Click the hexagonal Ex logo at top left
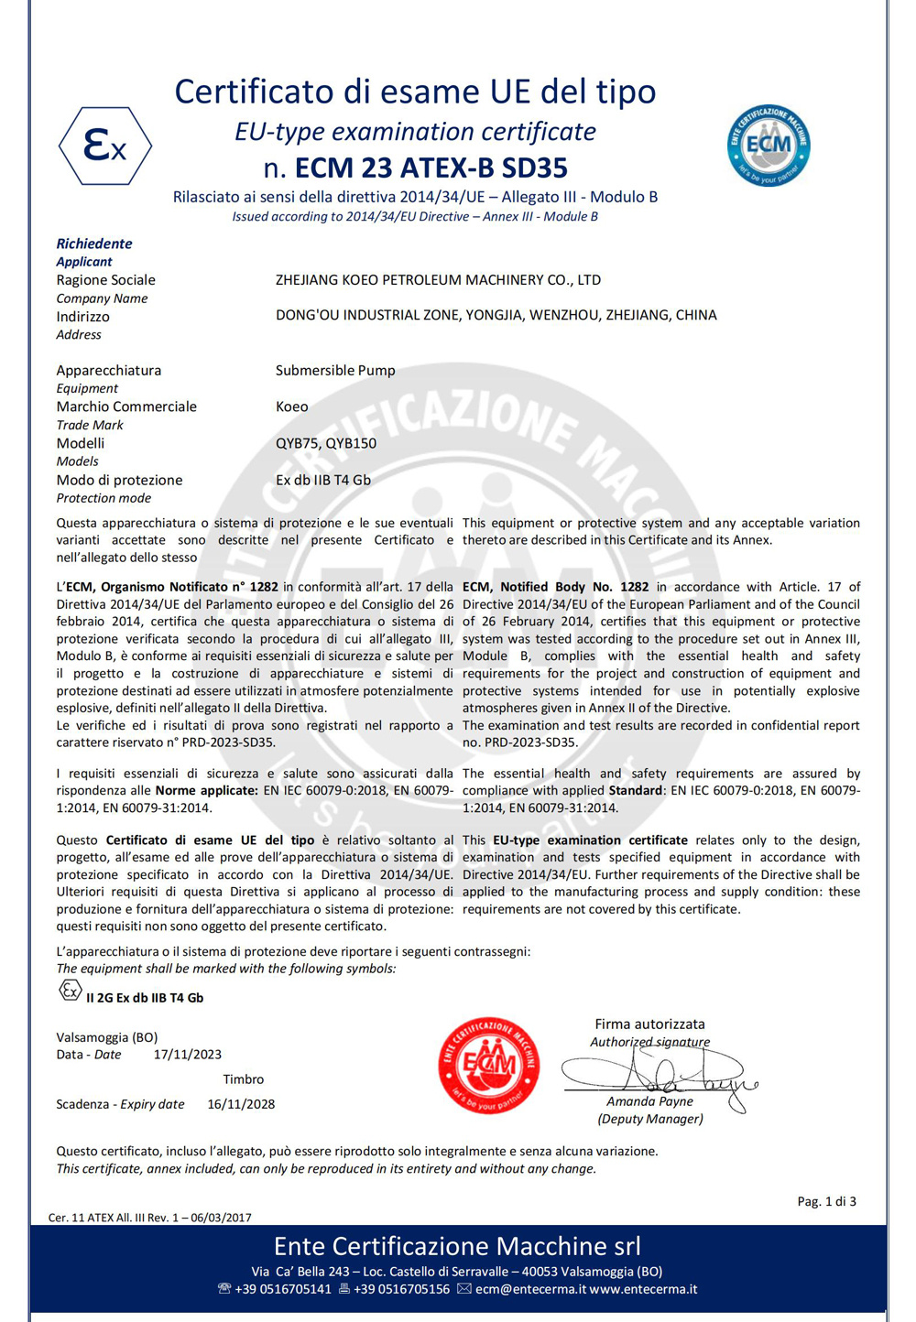click(105, 146)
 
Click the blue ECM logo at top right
click(769, 145)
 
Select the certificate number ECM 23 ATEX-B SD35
click(431, 168)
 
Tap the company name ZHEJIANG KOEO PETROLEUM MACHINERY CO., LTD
click(438, 280)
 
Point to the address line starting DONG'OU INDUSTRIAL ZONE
click(496, 316)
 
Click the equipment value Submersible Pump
click(335, 371)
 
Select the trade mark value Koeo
click(291, 406)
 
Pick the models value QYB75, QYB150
click(325, 443)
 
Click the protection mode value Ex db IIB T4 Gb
click(322, 480)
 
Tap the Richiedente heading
click(94, 244)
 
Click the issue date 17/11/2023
click(187, 1055)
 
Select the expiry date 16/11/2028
click(241, 1104)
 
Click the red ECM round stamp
click(488, 1065)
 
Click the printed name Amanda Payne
click(649, 1101)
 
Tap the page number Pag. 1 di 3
click(826, 1201)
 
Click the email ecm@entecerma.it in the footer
click(530, 1289)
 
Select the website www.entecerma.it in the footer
click(643, 1289)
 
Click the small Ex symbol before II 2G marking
click(70, 990)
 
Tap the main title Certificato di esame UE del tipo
click(415, 92)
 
